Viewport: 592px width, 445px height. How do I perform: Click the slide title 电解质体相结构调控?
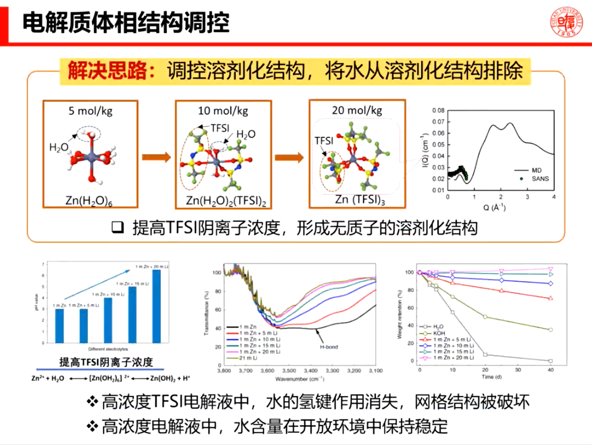point(126,23)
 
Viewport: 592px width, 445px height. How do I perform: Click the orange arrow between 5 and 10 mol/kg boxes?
point(156,157)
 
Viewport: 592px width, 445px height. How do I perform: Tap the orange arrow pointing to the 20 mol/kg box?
point(289,157)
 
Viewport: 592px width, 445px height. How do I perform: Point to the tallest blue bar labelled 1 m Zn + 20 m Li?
point(156,306)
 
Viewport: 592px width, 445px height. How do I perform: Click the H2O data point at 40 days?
point(550,361)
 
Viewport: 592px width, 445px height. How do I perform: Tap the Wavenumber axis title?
point(299,378)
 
